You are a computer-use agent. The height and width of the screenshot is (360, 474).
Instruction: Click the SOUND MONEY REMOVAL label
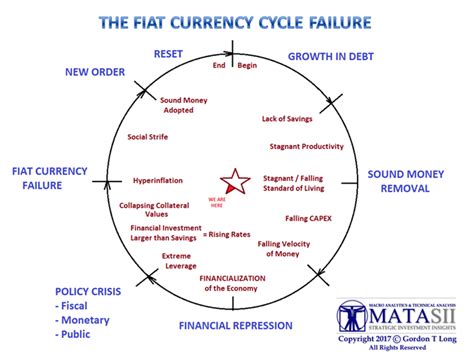pos(413,181)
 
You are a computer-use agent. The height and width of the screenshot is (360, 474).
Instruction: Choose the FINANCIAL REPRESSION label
pos(235,325)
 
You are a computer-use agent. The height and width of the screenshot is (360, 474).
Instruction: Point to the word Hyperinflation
pos(158,181)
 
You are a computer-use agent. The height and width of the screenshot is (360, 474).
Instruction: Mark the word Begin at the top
pos(247,66)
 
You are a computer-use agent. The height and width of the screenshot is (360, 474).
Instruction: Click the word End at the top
pos(220,66)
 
